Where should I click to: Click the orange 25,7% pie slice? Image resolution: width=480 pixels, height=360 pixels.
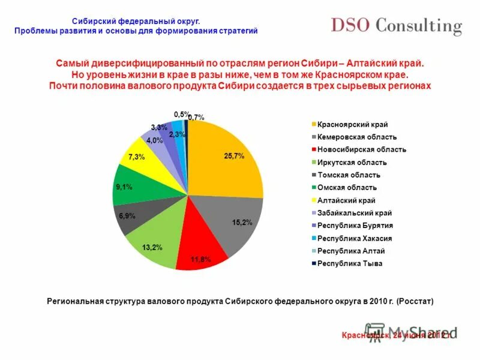point(225,159)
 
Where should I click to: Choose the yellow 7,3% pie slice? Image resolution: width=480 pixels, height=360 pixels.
point(139,157)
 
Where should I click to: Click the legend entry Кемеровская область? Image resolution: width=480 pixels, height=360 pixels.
point(358,137)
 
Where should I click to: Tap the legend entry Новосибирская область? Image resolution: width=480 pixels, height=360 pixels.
point(362,149)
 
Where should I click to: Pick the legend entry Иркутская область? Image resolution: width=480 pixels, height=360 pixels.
point(352,162)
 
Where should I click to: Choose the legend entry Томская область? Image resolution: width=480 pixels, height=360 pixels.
point(349,175)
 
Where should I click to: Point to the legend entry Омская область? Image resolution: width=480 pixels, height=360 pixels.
point(347,187)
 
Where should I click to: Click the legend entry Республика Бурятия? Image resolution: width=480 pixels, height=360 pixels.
point(355,226)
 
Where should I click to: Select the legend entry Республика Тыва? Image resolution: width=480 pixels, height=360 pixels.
point(350,263)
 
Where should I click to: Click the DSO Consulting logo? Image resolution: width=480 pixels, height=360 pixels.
point(397,26)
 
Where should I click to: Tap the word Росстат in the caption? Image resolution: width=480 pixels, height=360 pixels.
point(413,300)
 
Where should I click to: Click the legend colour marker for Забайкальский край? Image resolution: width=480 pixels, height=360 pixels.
point(313,213)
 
